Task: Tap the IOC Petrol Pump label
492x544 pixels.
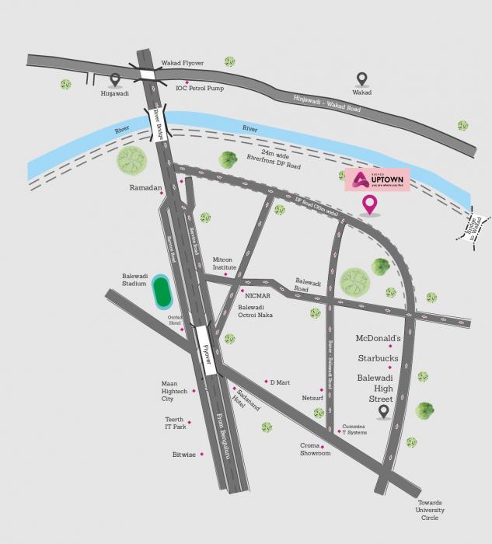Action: pos(200,89)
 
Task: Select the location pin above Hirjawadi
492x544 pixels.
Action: pos(116,78)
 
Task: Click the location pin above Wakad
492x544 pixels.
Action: pos(361,78)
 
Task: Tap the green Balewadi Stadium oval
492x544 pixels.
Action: pos(162,291)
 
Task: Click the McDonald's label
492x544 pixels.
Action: pos(378,339)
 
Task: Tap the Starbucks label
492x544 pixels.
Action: pos(378,358)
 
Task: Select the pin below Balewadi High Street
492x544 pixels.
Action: pos(383,411)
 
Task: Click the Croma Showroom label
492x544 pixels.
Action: pos(316,449)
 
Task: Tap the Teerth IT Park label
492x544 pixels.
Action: pos(174,423)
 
